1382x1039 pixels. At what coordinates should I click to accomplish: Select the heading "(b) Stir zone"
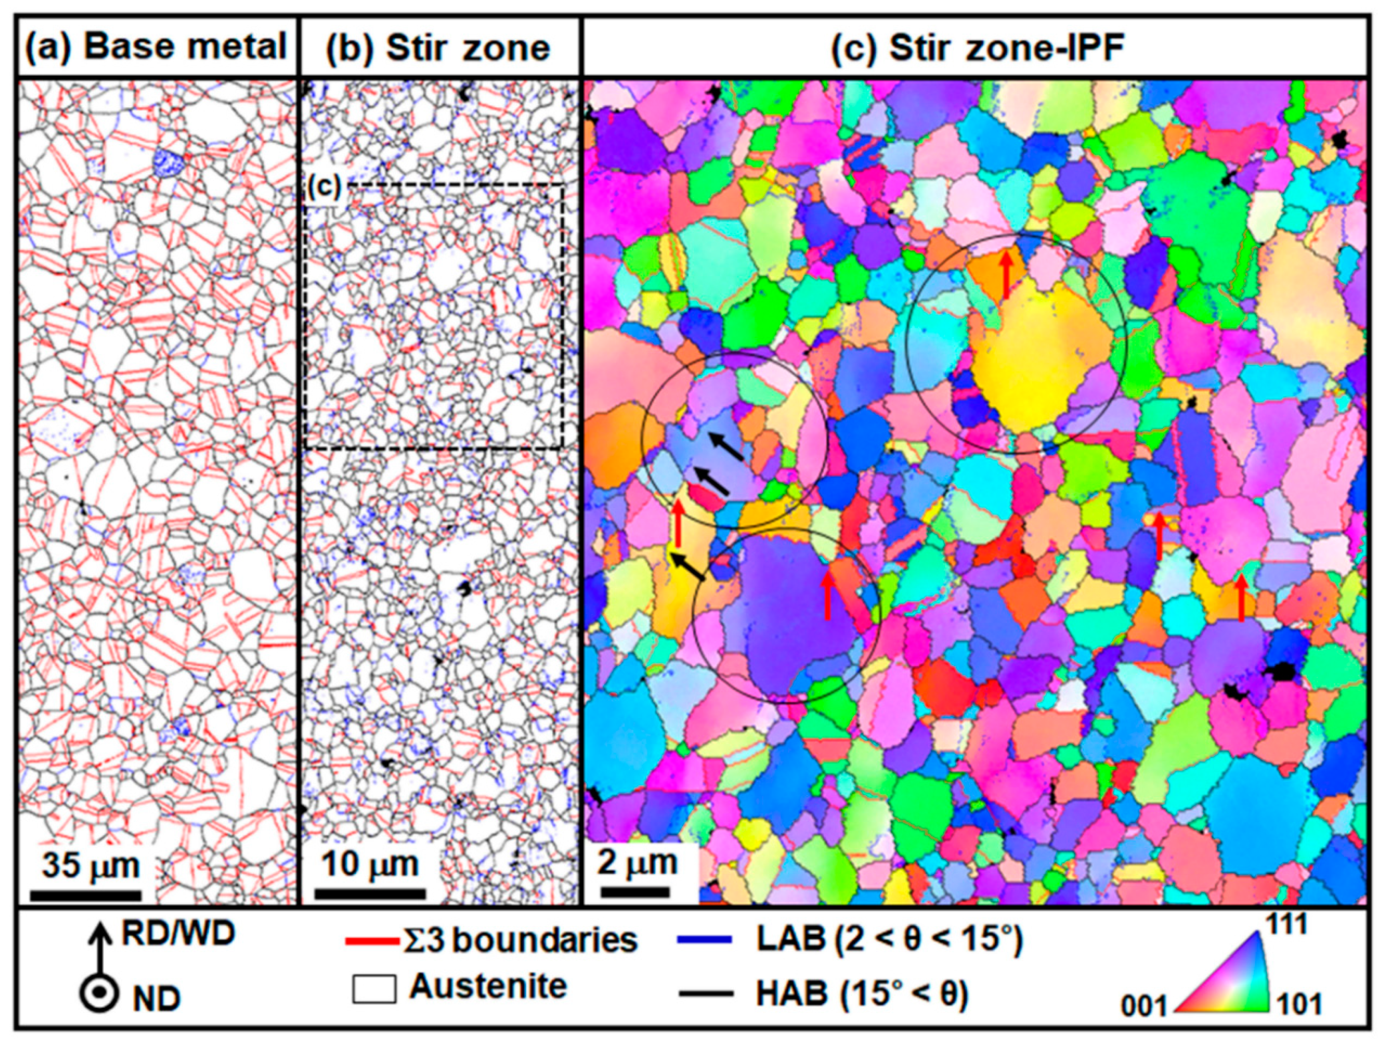(x=438, y=48)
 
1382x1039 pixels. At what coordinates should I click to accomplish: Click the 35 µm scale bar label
(x=91, y=865)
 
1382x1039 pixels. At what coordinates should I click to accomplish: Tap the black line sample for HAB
(x=705, y=993)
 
